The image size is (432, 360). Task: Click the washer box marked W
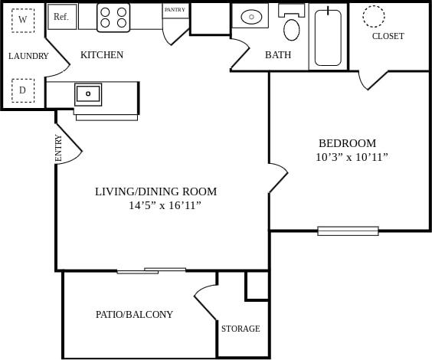(x=23, y=19)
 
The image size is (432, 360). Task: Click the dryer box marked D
(x=23, y=90)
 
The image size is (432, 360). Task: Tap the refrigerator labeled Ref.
(x=62, y=17)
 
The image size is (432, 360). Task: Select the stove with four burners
(x=113, y=18)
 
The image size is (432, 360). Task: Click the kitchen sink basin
(x=88, y=94)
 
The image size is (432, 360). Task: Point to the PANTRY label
(x=175, y=10)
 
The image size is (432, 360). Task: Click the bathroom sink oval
(x=252, y=16)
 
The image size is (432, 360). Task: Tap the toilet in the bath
(x=292, y=26)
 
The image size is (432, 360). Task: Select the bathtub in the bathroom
(x=328, y=37)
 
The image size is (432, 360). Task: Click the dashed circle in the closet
(x=374, y=15)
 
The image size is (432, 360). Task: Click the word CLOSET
(x=388, y=36)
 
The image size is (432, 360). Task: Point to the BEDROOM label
(x=347, y=143)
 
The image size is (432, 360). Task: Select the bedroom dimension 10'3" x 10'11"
(x=352, y=157)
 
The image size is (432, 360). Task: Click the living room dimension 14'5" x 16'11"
(x=165, y=205)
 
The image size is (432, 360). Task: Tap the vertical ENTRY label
(x=59, y=148)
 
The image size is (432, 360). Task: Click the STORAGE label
(x=241, y=329)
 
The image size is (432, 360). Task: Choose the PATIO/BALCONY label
(x=134, y=314)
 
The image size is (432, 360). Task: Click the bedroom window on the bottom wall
(x=348, y=231)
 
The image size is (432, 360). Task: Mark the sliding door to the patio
(x=152, y=270)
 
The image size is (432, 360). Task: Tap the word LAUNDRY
(x=28, y=56)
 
